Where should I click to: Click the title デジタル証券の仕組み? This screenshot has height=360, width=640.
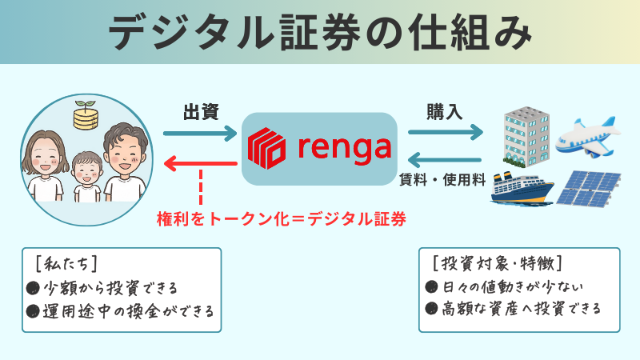click(319, 33)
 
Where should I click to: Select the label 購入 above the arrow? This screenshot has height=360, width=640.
click(445, 111)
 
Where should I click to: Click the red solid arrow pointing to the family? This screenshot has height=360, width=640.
click(200, 164)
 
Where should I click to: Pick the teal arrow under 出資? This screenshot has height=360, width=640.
click(200, 131)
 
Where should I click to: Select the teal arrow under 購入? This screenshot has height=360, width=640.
click(445, 131)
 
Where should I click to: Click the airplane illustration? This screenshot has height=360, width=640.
click(589, 134)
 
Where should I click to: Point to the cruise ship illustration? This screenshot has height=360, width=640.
click(522, 190)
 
